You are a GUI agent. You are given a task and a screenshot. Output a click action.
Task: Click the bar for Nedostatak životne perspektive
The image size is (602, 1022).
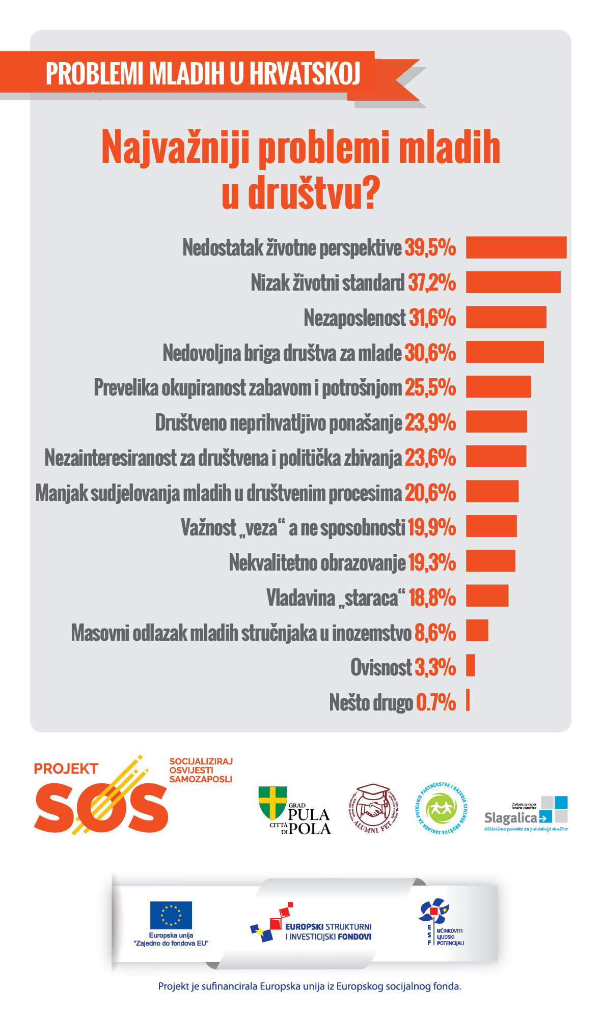pos(516,247)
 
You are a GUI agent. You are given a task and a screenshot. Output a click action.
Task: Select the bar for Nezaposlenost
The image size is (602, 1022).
pos(506,317)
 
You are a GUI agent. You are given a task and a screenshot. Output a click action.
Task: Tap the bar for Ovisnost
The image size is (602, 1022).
pos(471,665)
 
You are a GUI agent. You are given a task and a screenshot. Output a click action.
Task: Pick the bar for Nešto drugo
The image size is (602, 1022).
pos(468,700)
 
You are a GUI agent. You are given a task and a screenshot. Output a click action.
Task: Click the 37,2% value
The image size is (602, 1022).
pos(431,282)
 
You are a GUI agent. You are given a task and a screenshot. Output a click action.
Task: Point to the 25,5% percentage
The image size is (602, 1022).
pos(430,387)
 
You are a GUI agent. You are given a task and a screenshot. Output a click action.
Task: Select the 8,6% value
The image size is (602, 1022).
pos(435,633)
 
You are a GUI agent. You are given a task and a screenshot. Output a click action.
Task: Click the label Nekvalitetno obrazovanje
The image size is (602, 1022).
pos(317,563)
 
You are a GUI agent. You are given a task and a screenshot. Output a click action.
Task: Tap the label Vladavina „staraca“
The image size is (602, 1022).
pos(336,598)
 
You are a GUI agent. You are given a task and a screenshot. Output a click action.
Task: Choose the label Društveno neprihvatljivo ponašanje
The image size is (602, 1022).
pos(279,423)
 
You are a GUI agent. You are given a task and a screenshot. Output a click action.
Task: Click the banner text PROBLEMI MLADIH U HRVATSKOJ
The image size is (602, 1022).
pos(203,74)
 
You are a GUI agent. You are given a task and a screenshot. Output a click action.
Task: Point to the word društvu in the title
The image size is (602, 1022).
pos(300,193)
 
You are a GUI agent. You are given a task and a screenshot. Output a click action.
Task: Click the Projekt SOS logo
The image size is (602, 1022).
pos(102,797)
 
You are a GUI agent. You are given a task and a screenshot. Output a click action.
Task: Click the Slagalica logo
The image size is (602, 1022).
pos(526,813)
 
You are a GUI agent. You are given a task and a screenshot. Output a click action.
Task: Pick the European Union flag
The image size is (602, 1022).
pos(171,915)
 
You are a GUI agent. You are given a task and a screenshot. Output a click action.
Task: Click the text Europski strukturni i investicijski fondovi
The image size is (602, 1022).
pos(328,931)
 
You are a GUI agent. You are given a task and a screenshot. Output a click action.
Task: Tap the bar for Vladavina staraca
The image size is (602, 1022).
pos(487,595)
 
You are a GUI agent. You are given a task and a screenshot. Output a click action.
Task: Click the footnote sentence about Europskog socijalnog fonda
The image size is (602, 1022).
pos(309,986)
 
